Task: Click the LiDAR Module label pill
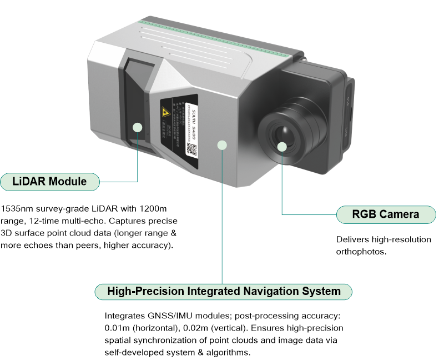pos(51,181)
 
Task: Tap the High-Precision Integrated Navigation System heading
pos(224,291)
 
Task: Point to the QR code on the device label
pos(191,148)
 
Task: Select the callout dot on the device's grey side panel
pos(222,145)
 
